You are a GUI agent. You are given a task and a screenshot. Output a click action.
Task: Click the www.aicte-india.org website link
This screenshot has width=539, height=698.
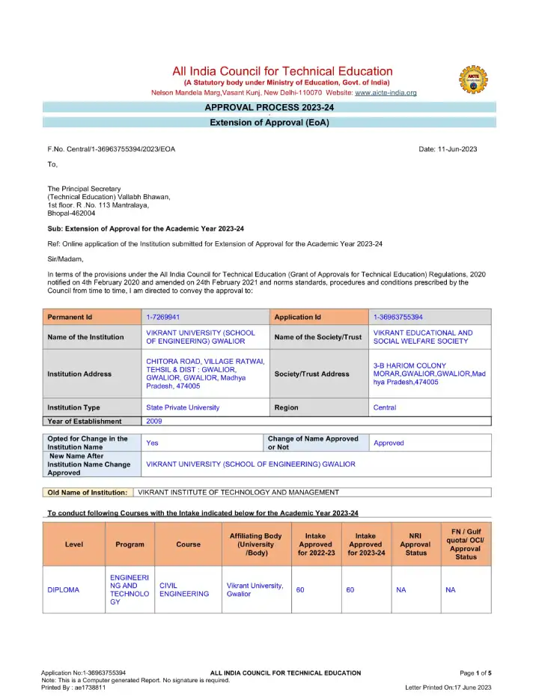click(x=386, y=92)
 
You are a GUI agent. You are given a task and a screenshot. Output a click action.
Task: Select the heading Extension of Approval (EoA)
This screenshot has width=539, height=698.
click(x=269, y=122)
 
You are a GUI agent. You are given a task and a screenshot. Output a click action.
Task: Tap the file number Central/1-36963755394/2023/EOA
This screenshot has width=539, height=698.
click(x=112, y=149)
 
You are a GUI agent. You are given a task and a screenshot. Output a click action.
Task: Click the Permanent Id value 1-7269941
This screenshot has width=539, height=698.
click(x=162, y=317)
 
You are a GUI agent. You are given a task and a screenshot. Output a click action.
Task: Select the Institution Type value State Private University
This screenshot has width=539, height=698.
click(x=183, y=407)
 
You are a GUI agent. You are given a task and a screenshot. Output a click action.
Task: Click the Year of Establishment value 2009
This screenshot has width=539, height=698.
click(x=154, y=422)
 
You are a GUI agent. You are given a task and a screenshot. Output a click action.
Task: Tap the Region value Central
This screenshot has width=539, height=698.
click(x=385, y=407)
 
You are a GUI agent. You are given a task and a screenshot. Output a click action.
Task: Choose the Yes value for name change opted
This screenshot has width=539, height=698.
click(x=152, y=443)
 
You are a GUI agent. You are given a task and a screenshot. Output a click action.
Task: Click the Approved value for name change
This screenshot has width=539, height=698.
click(x=389, y=443)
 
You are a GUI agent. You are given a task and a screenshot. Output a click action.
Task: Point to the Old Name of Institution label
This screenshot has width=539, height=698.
click(x=88, y=492)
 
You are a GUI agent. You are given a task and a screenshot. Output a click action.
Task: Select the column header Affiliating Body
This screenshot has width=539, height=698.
click(x=255, y=544)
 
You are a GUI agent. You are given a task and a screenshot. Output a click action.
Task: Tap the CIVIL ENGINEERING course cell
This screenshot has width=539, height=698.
click(x=184, y=589)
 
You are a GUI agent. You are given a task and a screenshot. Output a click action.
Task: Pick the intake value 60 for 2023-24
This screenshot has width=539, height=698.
click(x=350, y=590)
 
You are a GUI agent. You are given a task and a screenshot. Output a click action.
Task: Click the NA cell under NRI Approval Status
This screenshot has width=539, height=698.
click(x=401, y=590)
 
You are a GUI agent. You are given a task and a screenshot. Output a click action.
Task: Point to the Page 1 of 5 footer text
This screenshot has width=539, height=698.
click(x=475, y=673)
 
